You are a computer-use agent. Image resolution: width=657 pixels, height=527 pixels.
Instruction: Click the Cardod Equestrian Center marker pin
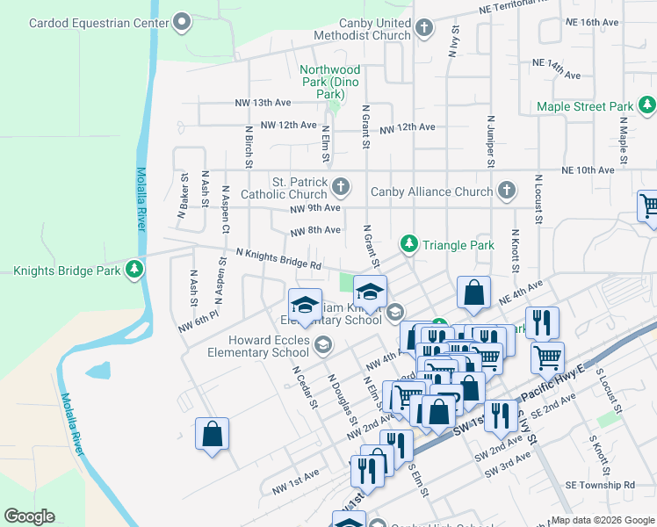pos(182,22)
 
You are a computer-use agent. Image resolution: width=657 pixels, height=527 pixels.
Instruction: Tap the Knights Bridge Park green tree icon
pos(134,270)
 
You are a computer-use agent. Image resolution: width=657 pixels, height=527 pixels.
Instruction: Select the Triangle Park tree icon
pos(408,242)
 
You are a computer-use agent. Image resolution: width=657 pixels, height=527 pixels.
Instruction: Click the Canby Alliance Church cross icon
pos(506,190)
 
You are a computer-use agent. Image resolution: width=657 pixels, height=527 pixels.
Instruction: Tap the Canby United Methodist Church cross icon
pos(424,28)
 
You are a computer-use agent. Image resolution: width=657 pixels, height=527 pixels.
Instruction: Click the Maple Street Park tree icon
pos(646,106)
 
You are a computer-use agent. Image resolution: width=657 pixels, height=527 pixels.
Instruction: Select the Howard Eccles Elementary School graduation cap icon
pos(322,344)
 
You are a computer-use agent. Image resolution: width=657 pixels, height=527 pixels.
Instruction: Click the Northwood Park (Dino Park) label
pos(329,81)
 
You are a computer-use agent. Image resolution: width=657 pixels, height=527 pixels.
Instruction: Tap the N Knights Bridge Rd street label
pos(278,258)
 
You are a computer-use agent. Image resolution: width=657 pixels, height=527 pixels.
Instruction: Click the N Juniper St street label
pos(490,140)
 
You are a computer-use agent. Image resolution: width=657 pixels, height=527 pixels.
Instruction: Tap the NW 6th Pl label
pos(196,322)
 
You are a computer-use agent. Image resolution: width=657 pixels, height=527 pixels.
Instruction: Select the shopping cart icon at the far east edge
pos(648,206)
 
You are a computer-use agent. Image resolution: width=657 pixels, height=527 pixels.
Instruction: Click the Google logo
pos(29,516)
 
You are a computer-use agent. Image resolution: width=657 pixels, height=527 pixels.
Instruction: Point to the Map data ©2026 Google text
pos(603,520)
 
